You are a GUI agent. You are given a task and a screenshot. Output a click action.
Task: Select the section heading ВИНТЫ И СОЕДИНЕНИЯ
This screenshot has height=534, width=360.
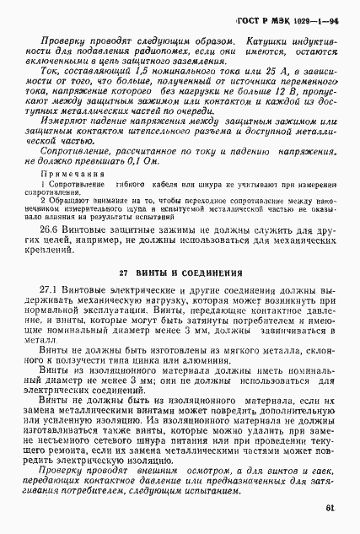180,273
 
